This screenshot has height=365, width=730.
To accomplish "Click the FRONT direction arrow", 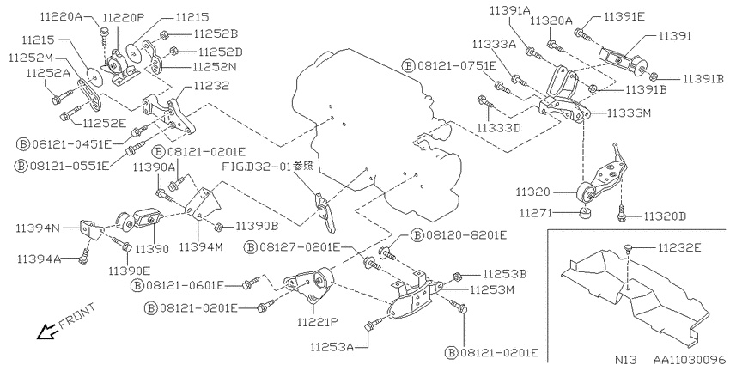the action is [46, 332].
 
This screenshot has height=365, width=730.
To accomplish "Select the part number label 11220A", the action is [60, 17].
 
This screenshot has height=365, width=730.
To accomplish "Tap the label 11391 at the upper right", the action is [674, 35].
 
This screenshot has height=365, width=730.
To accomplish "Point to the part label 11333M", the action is [629, 113].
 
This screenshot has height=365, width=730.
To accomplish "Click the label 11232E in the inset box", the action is [679, 248].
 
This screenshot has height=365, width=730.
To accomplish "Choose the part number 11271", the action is [535, 213].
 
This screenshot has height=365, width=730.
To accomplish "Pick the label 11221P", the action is [317, 321].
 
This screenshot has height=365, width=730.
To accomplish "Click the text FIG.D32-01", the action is [257, 167].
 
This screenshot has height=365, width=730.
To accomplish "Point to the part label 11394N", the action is [38, 228].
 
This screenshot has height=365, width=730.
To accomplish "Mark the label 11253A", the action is [332, 346].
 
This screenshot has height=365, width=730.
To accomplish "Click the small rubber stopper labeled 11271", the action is [584, 213].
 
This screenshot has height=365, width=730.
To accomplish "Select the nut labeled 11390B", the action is [217, 227].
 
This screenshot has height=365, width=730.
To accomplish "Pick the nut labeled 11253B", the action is [457, 276].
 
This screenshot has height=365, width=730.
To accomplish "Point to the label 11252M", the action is [31, 58].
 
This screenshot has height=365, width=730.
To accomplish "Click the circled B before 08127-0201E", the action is [251, 247].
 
